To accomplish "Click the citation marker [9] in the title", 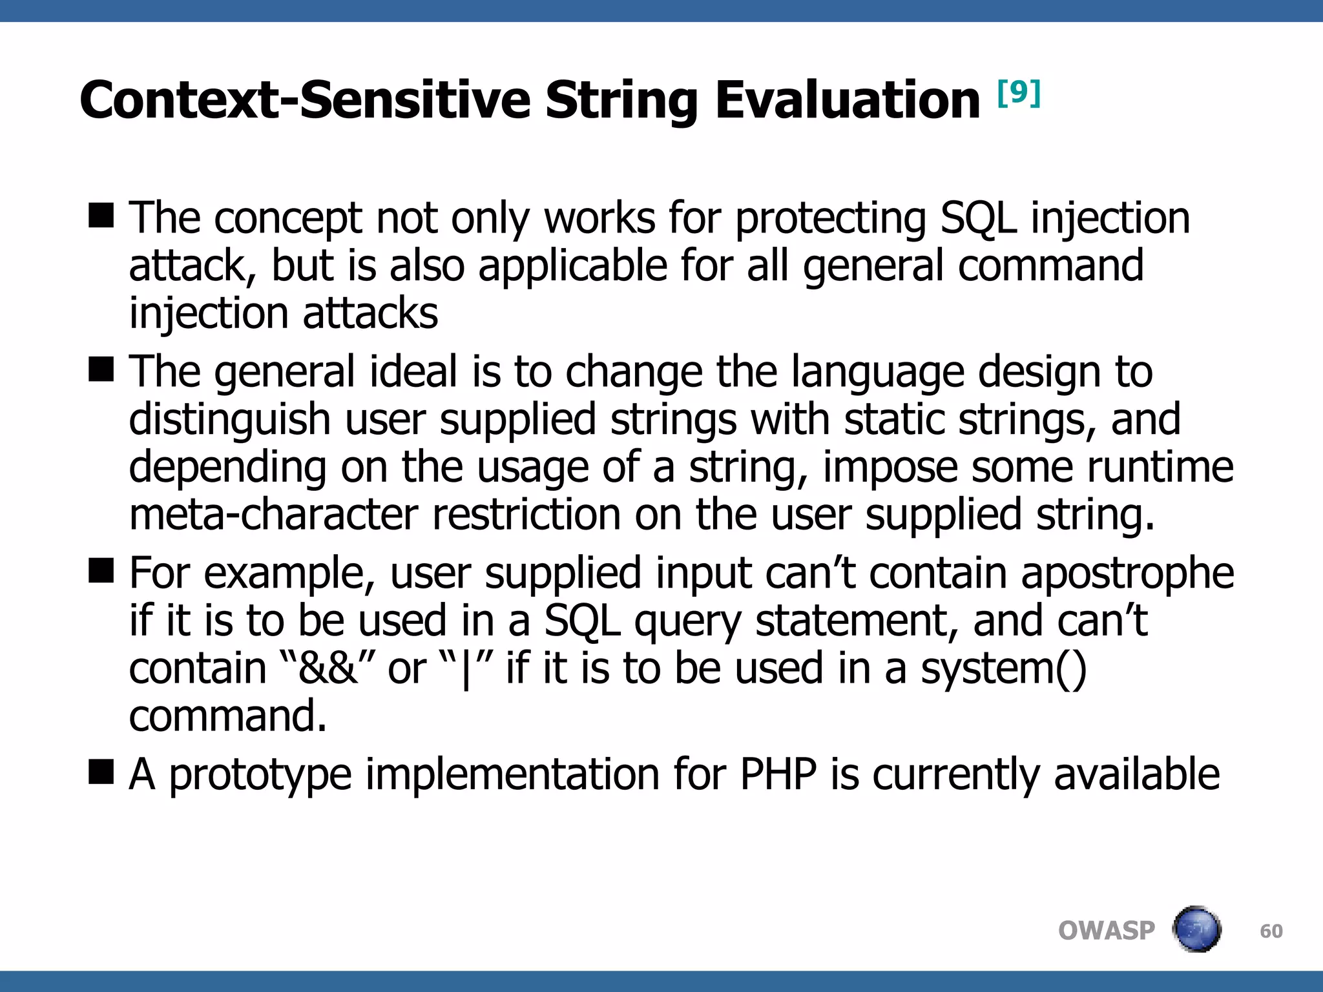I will click(1019, 94).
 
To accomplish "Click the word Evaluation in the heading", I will click(847, 100).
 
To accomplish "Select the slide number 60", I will click(1271, 931).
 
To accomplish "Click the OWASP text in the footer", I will click(1106, 931).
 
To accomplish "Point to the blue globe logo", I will click(1196, 929).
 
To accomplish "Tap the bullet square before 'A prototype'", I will click(101, 771).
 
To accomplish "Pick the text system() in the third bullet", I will click(1003, 668).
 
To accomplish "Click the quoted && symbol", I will click(328, 668).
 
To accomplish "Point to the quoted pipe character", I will click(466, 669).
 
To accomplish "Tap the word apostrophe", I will click(1127, 573).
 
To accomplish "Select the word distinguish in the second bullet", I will click(229, 420).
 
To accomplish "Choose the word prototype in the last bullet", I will click(260, 775).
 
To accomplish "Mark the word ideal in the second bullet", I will click(412, 372).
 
